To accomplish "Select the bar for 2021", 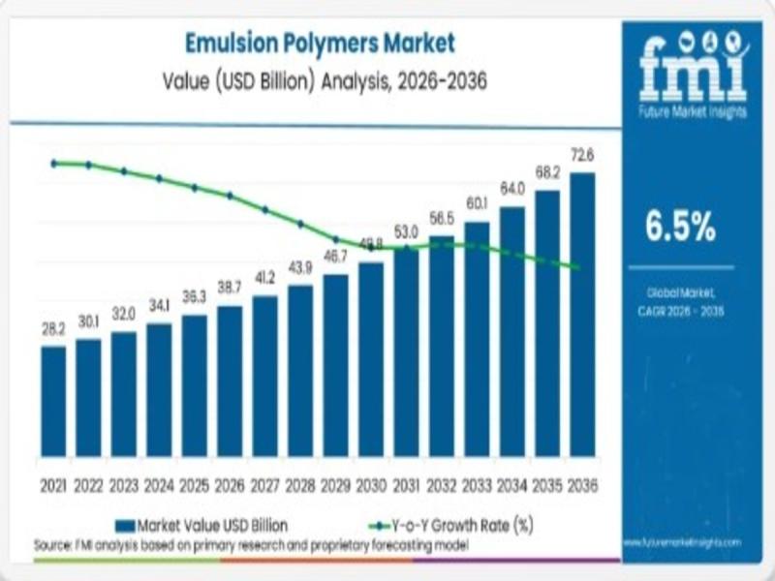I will tap(53, 401).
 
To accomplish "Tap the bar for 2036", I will tap(582, 314).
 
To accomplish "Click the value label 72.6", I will tap(582, 155).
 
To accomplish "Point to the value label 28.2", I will tap(53, 328).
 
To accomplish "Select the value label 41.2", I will tap(264, 277).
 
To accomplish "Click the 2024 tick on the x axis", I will tap(159, 484).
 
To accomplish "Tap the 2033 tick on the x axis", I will tap(477, 484).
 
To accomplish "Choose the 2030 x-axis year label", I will tap(371, 484).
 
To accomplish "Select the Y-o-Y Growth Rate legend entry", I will tap(451, 525).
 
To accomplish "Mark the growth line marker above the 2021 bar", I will tap(54, 163).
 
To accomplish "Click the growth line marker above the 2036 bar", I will tap(579, 267).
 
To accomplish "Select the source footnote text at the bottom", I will tap(251, 545).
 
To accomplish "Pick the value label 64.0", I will tap(511, 188).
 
